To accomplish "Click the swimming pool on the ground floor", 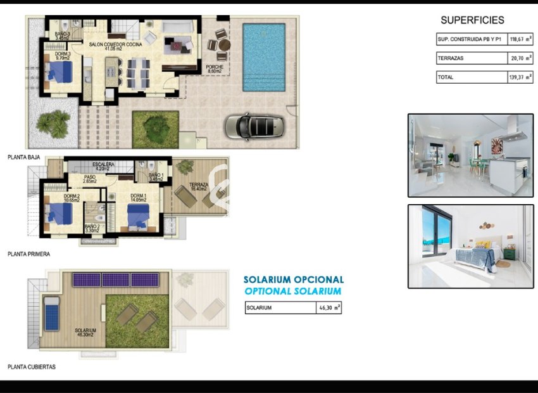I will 264,57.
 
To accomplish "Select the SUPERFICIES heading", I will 472,20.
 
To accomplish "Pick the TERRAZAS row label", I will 449,58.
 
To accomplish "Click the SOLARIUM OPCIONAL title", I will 294,280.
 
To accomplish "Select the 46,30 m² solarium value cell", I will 328,308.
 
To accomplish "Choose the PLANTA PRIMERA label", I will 28,254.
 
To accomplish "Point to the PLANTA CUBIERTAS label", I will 32,366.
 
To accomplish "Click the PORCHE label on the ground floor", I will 214,67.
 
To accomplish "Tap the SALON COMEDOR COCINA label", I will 115,45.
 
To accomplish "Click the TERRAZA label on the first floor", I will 190,186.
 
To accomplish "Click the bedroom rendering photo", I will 470,246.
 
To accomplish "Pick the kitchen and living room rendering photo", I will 470,155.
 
